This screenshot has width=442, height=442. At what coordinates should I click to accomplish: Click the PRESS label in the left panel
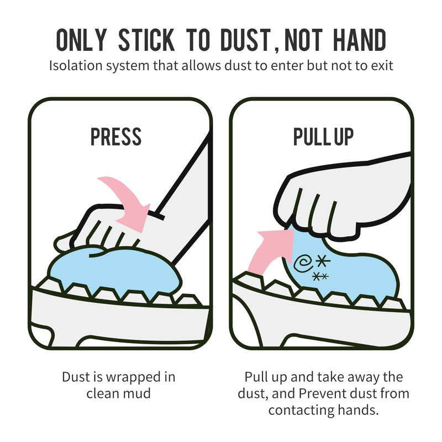116,137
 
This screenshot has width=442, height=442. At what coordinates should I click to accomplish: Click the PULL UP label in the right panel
323,137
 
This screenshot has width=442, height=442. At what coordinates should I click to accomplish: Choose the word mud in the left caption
140,394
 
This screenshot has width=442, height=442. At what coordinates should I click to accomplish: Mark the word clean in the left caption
104,394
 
